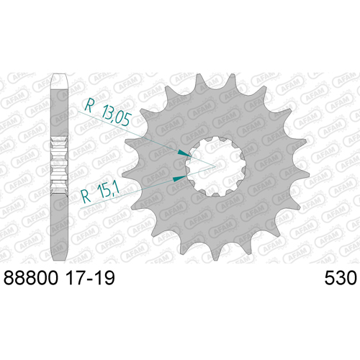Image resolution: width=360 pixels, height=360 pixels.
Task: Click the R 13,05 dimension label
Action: pos(108,112)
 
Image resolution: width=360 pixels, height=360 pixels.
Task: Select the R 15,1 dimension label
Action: pos(100,194)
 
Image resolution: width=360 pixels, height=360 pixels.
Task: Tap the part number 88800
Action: pos(31,278)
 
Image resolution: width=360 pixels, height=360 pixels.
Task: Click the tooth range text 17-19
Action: pos(90,278)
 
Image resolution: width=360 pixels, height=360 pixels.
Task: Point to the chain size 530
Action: pos(341,278)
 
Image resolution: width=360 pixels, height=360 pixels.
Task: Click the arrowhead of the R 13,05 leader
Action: pos(184,153)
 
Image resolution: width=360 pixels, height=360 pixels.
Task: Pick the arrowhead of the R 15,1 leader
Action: pos(179,178)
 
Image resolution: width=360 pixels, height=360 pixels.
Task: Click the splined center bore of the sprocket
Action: pos(215,166)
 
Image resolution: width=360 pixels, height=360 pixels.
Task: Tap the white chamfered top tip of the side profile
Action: pos(59,81)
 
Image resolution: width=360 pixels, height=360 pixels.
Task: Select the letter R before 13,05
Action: pos(89,105)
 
